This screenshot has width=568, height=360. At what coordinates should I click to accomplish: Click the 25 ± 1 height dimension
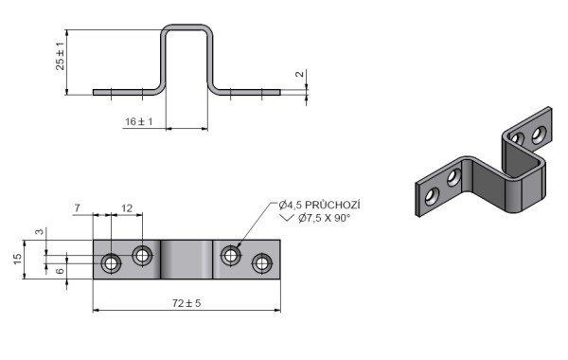(61, 56)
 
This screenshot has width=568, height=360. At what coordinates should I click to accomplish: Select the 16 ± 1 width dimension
(139, 121)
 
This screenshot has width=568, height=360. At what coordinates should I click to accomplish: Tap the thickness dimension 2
(299, 74)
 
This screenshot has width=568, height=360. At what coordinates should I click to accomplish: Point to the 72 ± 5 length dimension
(186, 303)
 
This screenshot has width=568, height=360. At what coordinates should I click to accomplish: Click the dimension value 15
(18, 259)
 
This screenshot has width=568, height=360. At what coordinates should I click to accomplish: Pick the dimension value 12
(127, 208)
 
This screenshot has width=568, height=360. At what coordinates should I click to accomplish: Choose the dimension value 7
(78, 208)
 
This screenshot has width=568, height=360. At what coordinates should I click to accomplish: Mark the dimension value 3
(40, 231)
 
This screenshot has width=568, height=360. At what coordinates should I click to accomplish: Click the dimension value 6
(61, 270)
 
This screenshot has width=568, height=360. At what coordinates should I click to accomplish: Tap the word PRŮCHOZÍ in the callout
(332, 205)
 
